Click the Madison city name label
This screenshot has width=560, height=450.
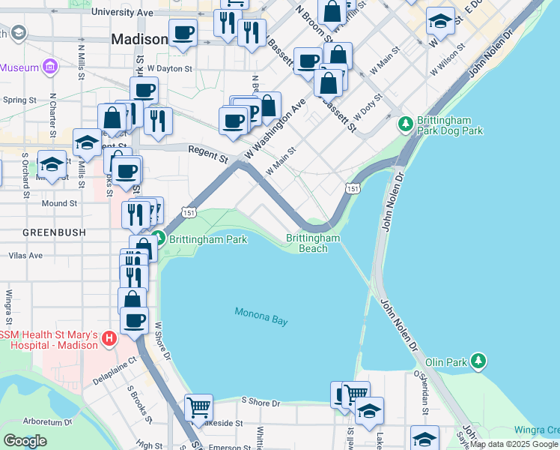click(139, 39)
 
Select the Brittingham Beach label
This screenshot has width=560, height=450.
click(313, 243)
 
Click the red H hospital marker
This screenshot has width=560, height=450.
click(109, 339)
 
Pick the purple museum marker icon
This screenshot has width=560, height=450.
click(51, 67)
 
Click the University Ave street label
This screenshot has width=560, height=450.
click(122, 13)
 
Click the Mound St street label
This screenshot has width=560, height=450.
click(59, 203)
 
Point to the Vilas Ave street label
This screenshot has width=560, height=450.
click(25, 256)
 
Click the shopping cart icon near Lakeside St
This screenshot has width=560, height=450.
click(199, 408)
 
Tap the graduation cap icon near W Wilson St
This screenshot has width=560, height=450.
click(440, 21)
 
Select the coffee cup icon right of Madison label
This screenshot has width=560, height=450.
click(183, 33)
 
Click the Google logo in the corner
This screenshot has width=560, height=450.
click(25, 441)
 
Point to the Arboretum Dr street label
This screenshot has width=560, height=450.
click(46, 421)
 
